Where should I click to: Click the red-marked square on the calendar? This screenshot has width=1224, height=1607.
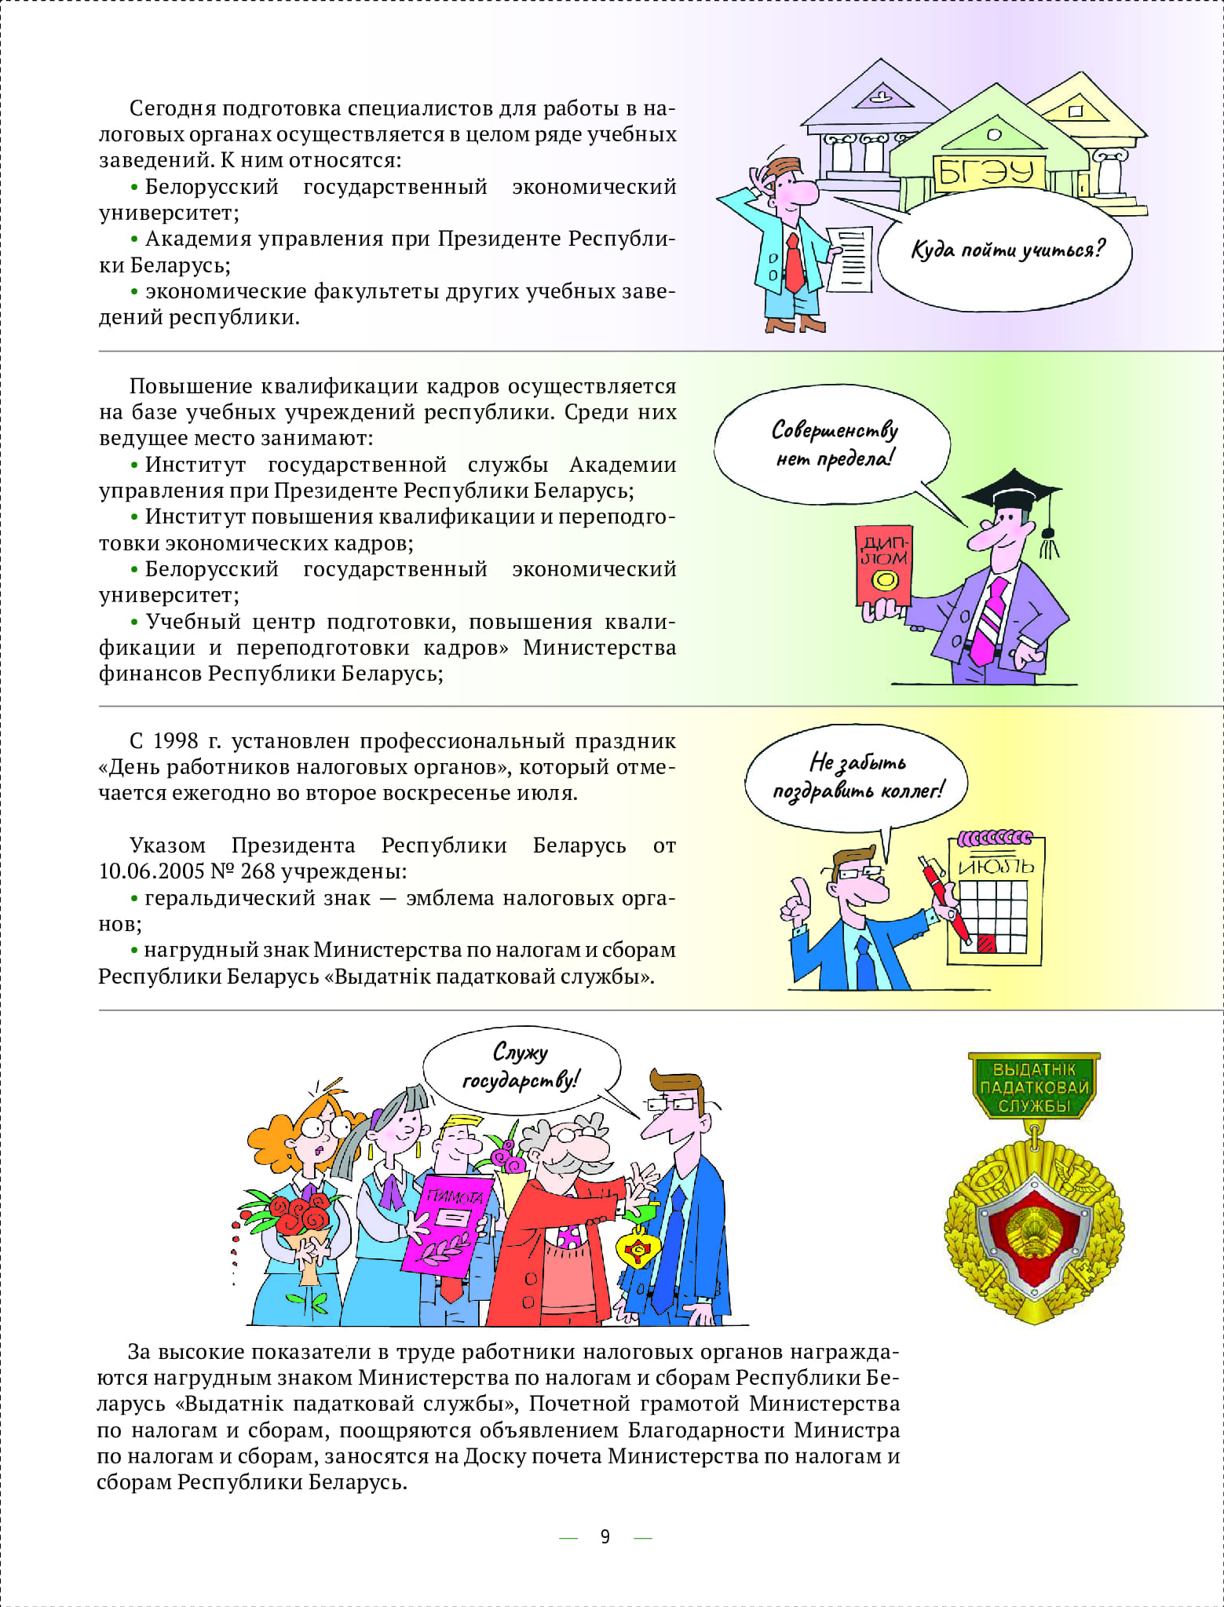pos(986,943)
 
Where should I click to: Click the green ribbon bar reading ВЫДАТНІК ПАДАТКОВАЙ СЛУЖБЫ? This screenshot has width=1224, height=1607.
pos(1034,1087)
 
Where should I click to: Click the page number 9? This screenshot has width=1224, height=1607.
pos(605,1536)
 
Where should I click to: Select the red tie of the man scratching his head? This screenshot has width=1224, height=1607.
pos(794,264)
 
